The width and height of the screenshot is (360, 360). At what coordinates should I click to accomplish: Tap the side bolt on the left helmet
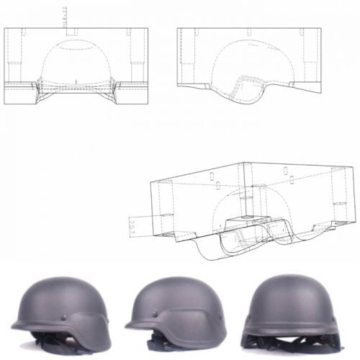(66, 318)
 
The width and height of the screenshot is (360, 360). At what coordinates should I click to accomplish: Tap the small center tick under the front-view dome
(76, 78)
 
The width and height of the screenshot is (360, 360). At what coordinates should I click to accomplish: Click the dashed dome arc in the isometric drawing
(238, 191)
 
